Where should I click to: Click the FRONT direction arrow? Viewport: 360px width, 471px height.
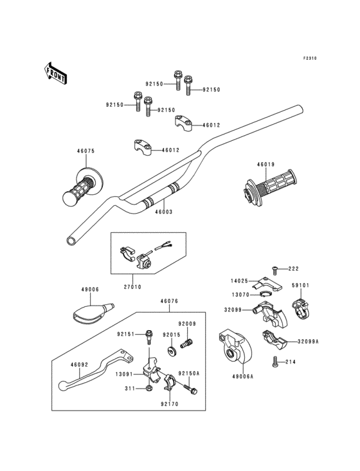55,73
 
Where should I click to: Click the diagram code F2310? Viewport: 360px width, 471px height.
310,59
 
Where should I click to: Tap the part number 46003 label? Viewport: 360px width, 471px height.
164,212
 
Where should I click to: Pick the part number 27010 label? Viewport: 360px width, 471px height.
132,287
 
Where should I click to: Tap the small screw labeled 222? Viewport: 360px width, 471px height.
274,270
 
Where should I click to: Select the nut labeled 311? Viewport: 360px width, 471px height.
149,389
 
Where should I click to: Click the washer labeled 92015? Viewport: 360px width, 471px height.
172,351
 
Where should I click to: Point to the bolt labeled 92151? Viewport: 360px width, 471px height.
148,337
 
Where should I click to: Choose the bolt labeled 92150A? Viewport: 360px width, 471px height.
191,389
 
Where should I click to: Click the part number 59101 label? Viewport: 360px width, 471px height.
300,285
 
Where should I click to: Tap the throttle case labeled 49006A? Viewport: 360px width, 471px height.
235,346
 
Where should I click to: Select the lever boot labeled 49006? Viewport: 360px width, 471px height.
92,311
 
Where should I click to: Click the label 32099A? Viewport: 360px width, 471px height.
308,342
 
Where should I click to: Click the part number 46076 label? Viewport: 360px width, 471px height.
169,301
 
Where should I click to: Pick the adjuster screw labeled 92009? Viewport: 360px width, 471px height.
186,343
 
